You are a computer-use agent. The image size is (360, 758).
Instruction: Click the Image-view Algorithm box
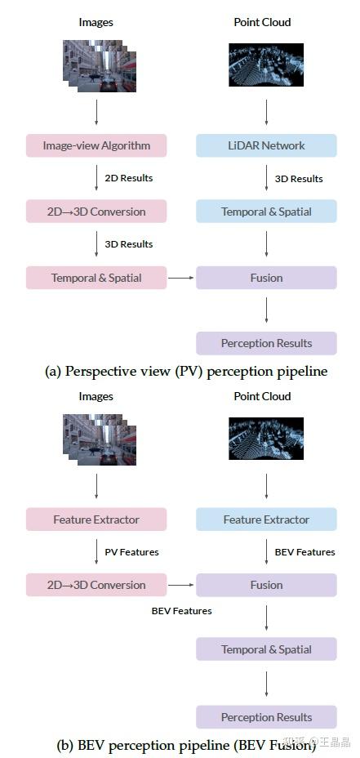pos(96,145)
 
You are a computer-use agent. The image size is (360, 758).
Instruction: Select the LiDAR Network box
pos(266,145)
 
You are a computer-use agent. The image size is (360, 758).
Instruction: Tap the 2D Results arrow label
pos(128,178)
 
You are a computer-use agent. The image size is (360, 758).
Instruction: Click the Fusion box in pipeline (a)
pos(266,278)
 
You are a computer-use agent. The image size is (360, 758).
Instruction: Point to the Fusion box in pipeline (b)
pos(266,585)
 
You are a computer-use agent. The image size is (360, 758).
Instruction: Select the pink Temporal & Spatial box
pos(96,278)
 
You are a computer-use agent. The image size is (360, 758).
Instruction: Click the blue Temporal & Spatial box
pos(266,212)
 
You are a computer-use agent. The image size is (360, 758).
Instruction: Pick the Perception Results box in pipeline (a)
pos(266,343)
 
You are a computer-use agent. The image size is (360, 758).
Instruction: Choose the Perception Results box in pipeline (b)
pos(266,717)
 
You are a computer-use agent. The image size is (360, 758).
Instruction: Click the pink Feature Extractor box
pos(96,519)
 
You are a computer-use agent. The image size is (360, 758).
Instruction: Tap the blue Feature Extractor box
pos(266,519)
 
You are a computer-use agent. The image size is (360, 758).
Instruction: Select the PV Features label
pos(131,552)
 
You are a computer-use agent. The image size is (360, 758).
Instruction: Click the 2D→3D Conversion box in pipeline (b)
pos(96,585)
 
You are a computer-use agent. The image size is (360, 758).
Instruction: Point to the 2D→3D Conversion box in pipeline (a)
pos(96,212)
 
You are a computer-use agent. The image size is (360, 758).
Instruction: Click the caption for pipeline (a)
pos(185,372)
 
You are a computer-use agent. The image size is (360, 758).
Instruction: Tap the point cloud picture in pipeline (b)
pos(265,439)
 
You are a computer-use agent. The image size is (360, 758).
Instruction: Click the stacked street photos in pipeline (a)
pos(100,65)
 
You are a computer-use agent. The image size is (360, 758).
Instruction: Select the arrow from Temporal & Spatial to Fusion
pos(181,278)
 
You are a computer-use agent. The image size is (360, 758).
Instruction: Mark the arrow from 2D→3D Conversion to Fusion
pos(181,585)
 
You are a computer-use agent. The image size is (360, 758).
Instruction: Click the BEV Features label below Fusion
pos(181,611)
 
